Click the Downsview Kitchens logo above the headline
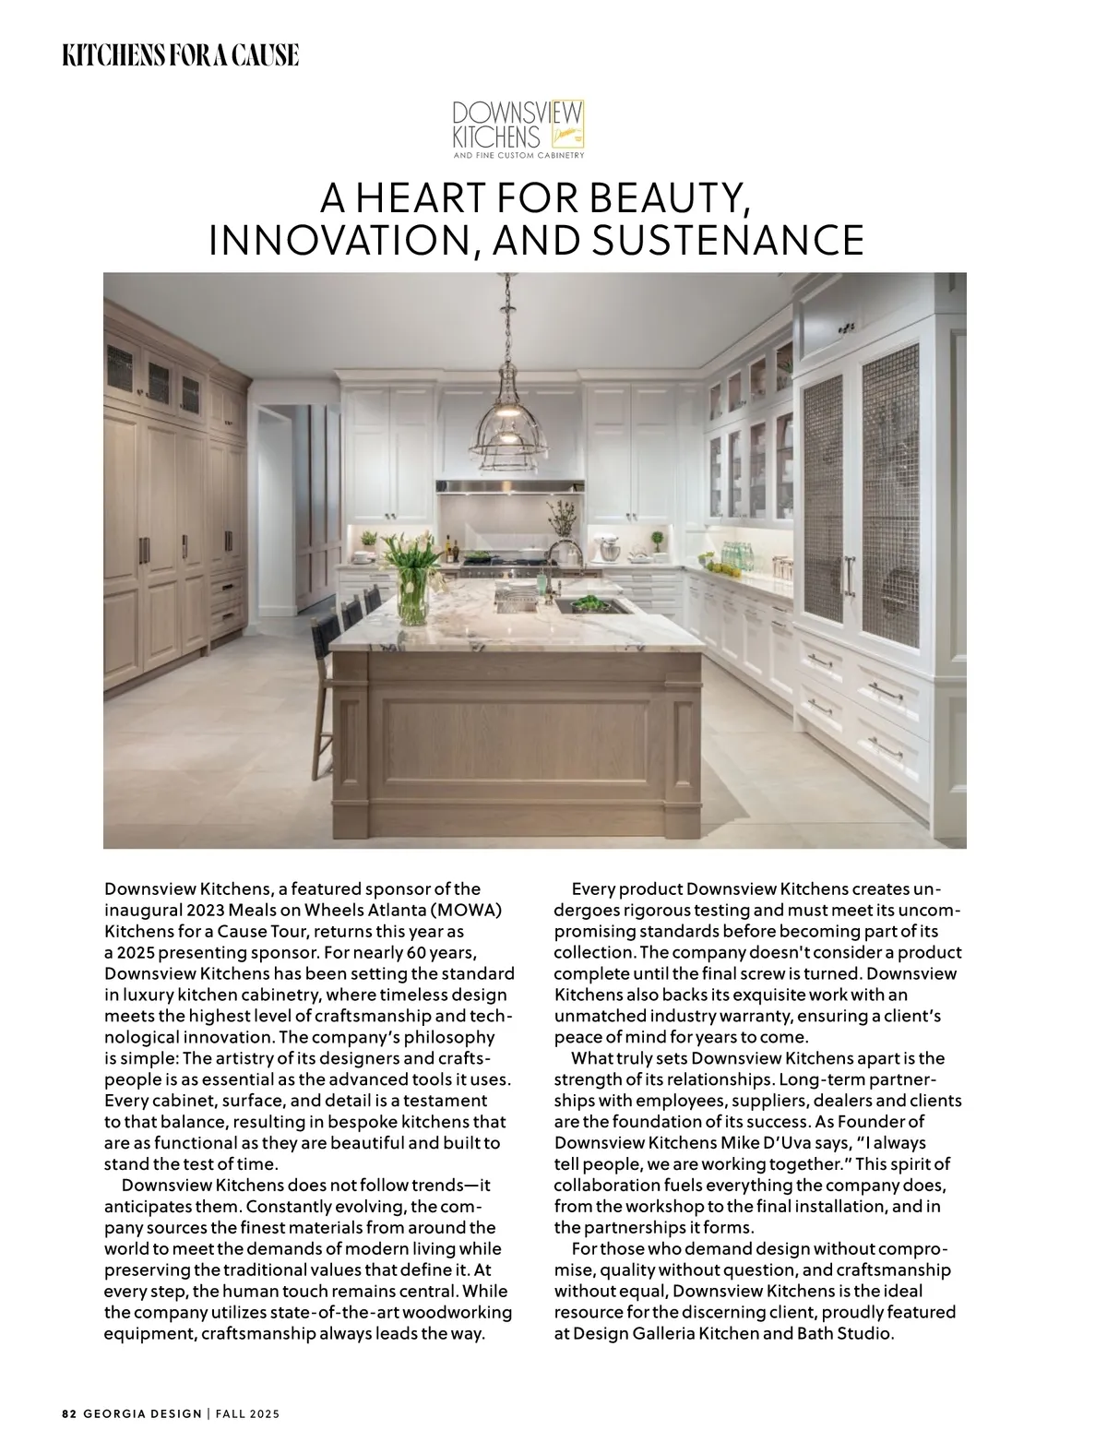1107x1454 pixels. (x=518, y=129)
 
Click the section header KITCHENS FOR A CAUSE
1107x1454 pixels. (x=181, y=55)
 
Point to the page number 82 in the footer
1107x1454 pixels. (x=69, y=1413)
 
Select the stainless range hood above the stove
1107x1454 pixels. (x=510, y=486)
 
